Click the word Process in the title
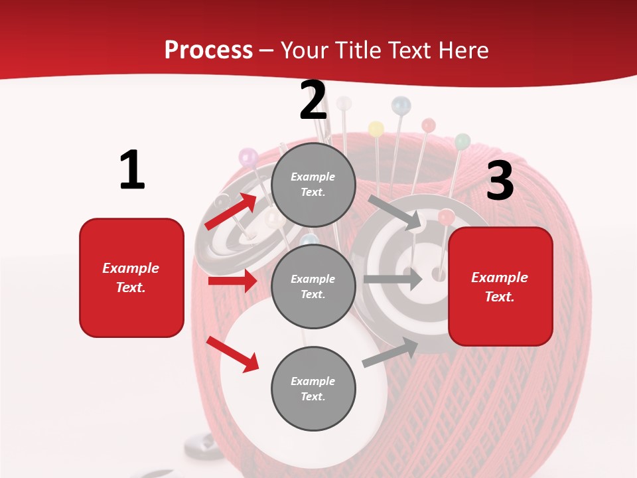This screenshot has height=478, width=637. pyautogui.click(x=208, y=50)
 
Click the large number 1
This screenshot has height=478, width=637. pyautogui.click(x=132, y=171)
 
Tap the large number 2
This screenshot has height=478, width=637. pyautogui.click(x=313, y=100)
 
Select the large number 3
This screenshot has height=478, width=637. pyautogui.click(x=500, y=181)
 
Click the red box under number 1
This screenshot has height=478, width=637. pyautogui.click(x=131, y=278)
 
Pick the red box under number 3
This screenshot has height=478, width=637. pyautogui.click(x=500, y=286)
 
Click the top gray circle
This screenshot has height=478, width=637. pyautogui.click(x=314, y=185)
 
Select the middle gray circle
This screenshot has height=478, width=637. pyautogui.click(x=314, y=286)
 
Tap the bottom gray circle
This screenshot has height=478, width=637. pyautogui.click(x=314, y=388)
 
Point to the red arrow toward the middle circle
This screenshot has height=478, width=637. pyautogui.click(x=233, y=281)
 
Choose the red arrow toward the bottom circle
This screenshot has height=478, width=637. pyautogui.click(x=233, y=354)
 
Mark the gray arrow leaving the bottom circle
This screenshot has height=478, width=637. pyautogui.click(x=391, y=352)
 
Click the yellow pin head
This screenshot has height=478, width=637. pyautogui.click(x=376, y=129)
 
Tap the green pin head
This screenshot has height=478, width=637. pyautogui.click(x=462, y=141)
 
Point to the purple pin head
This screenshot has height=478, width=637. pyautogui.click(x=248, y=157)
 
